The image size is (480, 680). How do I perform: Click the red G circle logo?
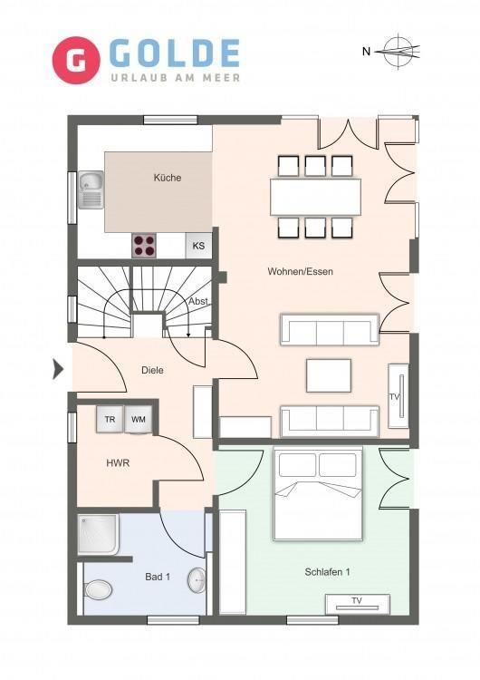(x=76, y=60)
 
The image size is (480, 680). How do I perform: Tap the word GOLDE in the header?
(x=175, y=53)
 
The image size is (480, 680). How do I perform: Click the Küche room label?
(x=168, y=178)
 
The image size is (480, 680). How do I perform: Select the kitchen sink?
(x=91, y=190)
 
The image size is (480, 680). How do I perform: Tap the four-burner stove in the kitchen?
(x=144, y=246)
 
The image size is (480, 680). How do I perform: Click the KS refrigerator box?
(x=198, y=246)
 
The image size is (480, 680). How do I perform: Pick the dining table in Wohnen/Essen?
(x=315, y=197)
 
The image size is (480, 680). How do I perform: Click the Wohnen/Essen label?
(x=300, y=271)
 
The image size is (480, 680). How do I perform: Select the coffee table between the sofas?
(x=329, y=375)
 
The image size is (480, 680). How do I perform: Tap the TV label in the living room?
(x=394, y=397)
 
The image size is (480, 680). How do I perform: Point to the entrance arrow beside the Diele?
(x=58, y=370)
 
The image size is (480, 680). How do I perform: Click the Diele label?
(x=152, y=370)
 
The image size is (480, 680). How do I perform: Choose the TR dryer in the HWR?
(x=110, y=420)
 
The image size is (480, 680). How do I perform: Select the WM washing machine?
(x=139, y=420)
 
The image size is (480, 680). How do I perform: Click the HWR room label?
(x=118, y=463)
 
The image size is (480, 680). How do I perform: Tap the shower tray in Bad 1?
(x=99, y=534)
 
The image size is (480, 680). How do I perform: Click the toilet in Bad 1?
(x=98, y=590)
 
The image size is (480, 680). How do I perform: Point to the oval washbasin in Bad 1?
(x=197, y=580)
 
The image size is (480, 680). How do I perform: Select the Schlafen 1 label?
(x=327, y=572)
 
